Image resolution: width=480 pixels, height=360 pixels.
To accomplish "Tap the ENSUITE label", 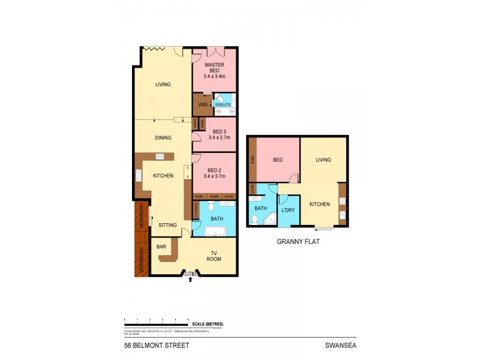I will click(223, 105).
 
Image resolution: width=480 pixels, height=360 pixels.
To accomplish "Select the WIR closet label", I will click(202, 105).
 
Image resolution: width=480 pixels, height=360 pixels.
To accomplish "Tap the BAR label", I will click(161, 247).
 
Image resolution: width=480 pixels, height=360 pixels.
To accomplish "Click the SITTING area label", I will click(167, 225).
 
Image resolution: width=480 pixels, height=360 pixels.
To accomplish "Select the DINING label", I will click(163, 138).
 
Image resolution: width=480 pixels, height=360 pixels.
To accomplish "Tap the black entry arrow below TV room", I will click(191, 279).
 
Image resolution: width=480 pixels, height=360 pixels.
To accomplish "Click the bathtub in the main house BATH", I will click(215, 232).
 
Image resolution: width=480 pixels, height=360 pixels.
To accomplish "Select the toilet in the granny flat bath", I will click(254, 220).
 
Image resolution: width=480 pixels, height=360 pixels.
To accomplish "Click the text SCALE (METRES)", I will click(208, 324).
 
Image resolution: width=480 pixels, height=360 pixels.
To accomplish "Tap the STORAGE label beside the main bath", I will click(196, 210).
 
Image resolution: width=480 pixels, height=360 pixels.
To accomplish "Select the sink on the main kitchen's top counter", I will click(160, 157).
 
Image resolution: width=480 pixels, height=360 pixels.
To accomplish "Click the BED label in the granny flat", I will click(278, 160).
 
